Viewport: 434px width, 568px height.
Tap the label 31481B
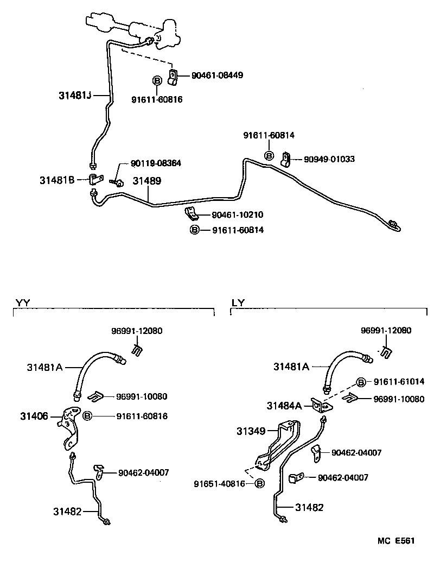(x=56, y=179)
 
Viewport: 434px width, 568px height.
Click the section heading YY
(x=22, y=302)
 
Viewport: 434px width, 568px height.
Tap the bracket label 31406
(x=35, y=416)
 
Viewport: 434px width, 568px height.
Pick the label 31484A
(x=284, y=405)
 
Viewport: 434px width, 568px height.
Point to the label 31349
(x=251, y=432)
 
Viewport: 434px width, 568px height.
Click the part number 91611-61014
(x=399, y=382)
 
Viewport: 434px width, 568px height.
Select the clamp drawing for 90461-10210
(x=190, y=213)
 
